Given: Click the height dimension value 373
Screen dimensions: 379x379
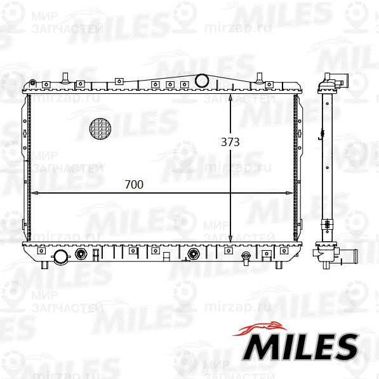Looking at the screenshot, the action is point(230,142).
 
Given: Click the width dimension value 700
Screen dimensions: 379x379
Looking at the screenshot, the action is point(134,185).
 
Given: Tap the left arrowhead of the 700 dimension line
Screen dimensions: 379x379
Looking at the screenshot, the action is point(35,193).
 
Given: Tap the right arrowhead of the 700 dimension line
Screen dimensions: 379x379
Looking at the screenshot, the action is point(289,193).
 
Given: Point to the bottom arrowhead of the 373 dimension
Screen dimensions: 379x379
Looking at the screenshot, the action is point(230,239).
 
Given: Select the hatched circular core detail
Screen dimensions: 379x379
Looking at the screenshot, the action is point(100,129).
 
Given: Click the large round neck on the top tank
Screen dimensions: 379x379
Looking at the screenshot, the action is point(202,81).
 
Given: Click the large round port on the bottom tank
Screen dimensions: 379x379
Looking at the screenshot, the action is point(61,256).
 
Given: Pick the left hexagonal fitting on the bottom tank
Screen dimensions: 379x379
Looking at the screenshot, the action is point(81,254).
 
